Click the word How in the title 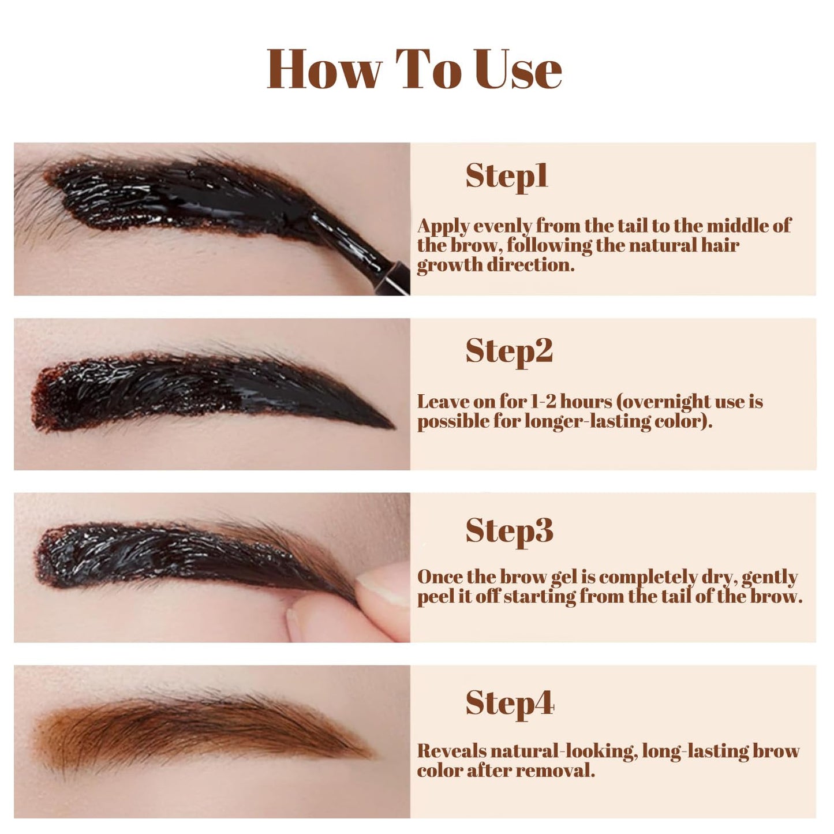coord(325,69)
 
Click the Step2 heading coord(509,352)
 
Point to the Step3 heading coord(510,530)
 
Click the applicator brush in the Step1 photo coord(359,251)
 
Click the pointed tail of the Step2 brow coord(393,428)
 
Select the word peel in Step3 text coord(434,598)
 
